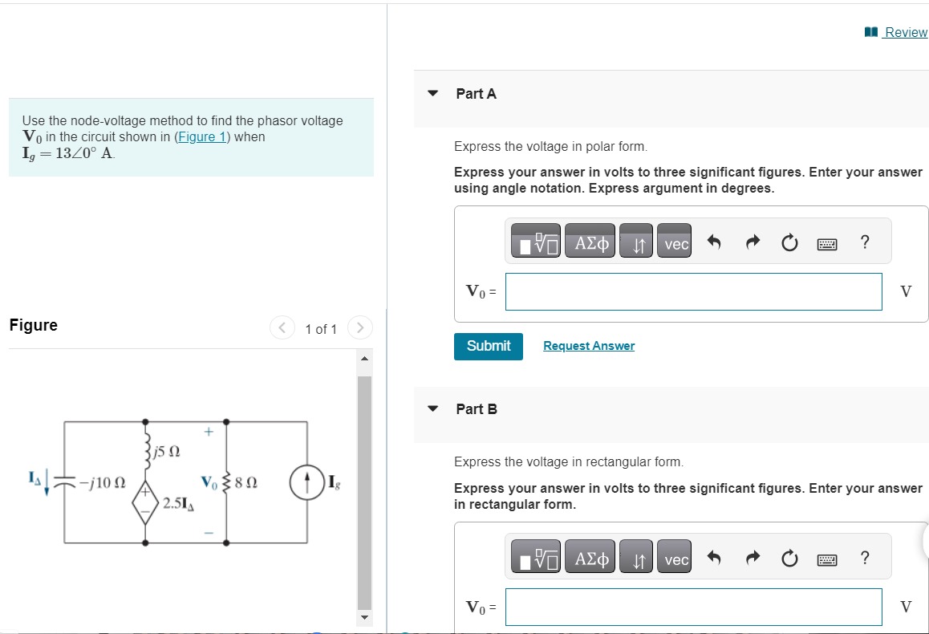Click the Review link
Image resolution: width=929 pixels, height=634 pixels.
pyautogui.click(x=904, y=32)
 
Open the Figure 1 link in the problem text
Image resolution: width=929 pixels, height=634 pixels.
pyautogui.click(x=201, y=136)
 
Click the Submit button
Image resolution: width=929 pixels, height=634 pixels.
pyautogui.click(x=488, y=346)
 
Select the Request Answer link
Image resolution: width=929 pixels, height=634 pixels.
pyautogui.click(x=588, y=346)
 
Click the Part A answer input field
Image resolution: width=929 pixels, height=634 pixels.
pyautogui.click(x=693, y=291)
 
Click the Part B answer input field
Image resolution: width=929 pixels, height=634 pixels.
pyautogui.click(x=693, y=607)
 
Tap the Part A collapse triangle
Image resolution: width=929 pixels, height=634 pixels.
pyautogui.click(x=433, y=93)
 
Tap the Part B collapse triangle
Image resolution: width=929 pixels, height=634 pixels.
pyautogui.click(x=433, y=408)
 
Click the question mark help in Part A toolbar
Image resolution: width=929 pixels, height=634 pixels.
pyautogui.click(x=864, y=242)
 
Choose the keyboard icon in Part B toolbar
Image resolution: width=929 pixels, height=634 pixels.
pyautogui.click(x=827, y=559)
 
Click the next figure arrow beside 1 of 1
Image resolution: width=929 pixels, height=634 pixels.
pyautogui.click(x=360, y=328)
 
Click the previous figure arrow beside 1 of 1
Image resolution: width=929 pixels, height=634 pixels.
pyautogui.click(x=282, y=328)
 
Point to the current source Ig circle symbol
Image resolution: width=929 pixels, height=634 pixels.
pyautogui.click(x=308, y=483)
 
